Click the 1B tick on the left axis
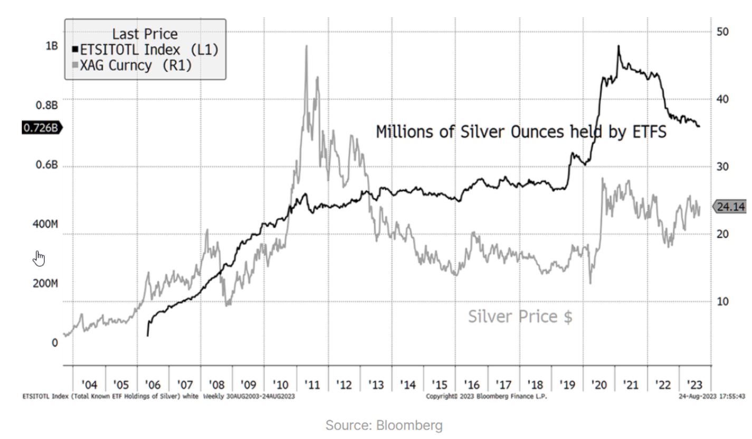(51, 46)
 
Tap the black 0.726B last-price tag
(41, 127)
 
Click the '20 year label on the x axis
(599, 384)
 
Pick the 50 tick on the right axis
(723, 31)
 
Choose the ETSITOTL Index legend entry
(145, 50)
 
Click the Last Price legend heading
(145, 34)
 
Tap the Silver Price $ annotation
(520, 316)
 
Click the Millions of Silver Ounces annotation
(521, 132)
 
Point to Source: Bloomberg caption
(384, 425)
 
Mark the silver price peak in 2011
(306, 46)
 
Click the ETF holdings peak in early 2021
(618, 46)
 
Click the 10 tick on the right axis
(723, 301)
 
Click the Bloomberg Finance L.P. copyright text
(486, 397)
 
